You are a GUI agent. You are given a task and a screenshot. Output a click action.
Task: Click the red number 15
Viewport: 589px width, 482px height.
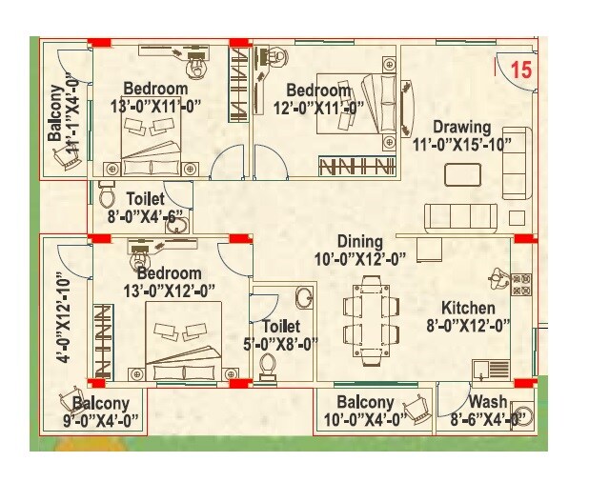coord(520,69)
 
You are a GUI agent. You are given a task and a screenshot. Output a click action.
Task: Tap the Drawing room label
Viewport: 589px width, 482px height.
coord(461,127)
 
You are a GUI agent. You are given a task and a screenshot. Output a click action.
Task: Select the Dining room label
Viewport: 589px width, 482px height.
coord(359,242)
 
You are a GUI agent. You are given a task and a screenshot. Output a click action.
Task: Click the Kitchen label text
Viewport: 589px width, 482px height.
coord(467,309)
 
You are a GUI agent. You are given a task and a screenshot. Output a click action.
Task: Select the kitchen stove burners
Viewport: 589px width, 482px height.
coord(521,282)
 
